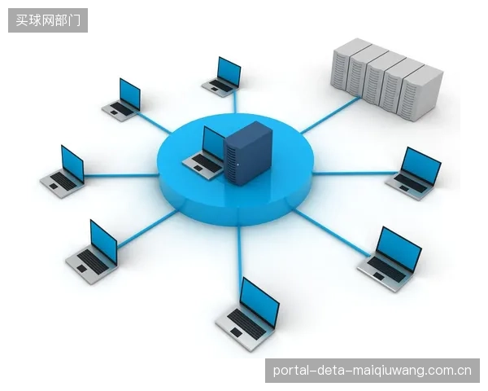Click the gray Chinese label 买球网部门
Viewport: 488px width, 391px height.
tap(48, 20)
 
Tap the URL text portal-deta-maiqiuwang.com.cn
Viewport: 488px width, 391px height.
tap(373, 371)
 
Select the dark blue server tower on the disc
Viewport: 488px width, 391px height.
tap(248, 153)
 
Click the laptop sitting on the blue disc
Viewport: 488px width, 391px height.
tap(204, 154)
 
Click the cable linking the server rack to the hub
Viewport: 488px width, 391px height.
tap(329, 115)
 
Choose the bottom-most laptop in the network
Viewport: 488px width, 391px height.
tap(248, 314)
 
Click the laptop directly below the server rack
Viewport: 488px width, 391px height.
tap(414, 174)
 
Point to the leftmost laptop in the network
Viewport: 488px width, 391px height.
tap(63, 172)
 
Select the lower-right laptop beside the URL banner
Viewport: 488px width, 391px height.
tap(390, 259)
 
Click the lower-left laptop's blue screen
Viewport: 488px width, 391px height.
tap(103, 242)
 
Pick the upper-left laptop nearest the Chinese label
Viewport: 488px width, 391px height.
tap(121, 99)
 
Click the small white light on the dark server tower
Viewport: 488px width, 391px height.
tap(238, 165)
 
